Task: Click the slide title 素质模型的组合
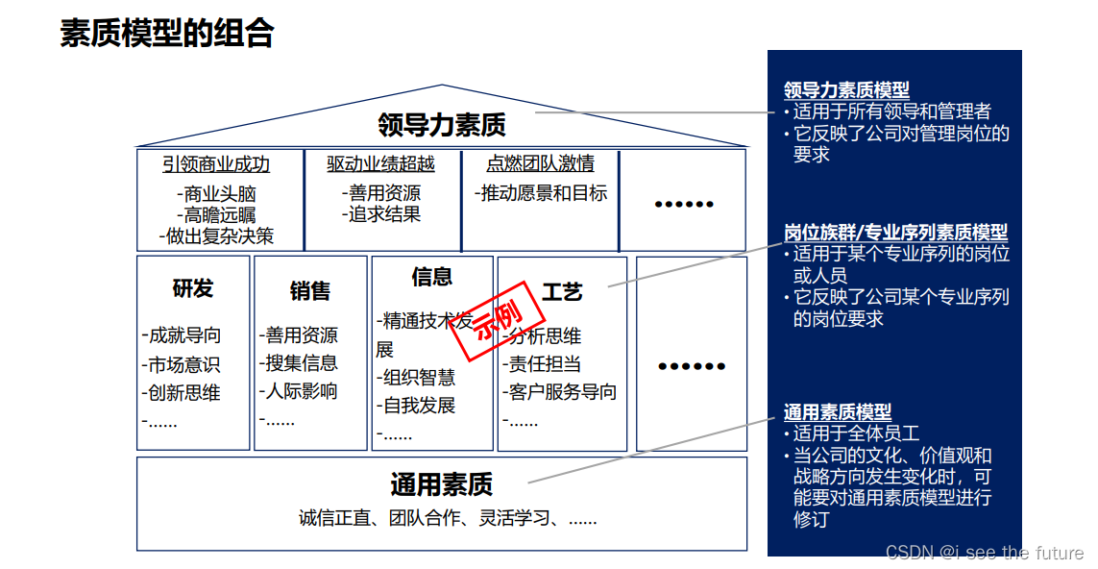coord(167,33)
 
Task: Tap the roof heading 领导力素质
coord(442,124)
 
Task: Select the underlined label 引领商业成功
coord(216,164)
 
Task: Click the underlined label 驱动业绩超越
coord(380,164)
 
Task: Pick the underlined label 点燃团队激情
coord(540,164)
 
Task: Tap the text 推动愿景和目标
coord(541,193)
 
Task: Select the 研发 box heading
coord(192,287)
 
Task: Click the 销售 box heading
coord(309,290)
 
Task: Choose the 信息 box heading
coord(431,277)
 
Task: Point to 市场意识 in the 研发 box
coord(183,364)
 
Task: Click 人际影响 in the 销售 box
coord(300,391)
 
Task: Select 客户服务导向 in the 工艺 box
coord(561,391)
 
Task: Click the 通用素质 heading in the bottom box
coord(441,483)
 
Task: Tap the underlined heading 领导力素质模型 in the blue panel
coord(846,90)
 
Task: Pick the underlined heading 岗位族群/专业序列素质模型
coord(895,233)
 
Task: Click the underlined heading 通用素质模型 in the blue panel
coord(837,412)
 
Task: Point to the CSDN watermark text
coord(984,552)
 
